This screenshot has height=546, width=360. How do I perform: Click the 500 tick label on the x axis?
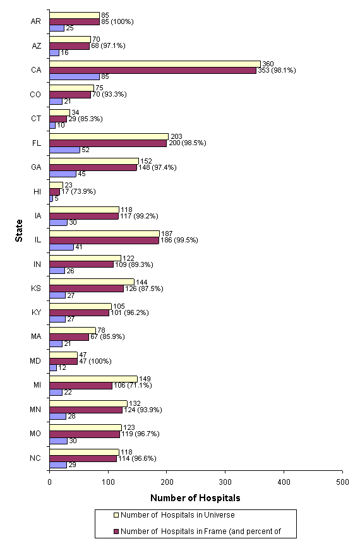(342, 481)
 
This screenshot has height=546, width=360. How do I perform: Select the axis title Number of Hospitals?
(195, 498)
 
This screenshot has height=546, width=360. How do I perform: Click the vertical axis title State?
(21, 238)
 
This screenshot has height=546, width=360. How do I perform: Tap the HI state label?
(37, 191)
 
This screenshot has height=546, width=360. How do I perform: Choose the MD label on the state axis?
(37, 361)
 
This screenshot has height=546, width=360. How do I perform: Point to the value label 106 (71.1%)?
(131, 385)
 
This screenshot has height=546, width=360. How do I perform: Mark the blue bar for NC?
(58, 465)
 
